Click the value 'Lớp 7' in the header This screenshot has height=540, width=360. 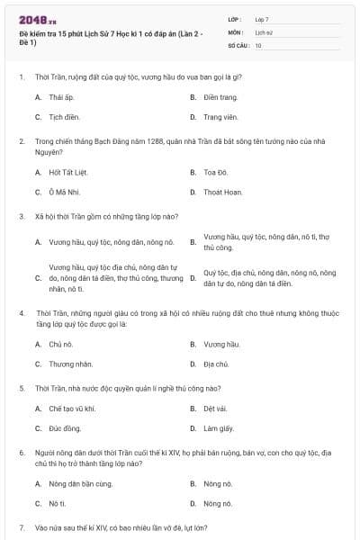pyautogui.click(x=262, y=19)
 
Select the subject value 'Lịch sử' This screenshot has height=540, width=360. pyautogui.click(x=263, y=31)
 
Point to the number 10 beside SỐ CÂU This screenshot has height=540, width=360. pyautogui.click(x=258, y=44)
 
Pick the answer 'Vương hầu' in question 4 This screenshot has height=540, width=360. pyautogui.click(x=221, y=344)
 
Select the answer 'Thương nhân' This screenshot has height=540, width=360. pyautogui.click(x=67, y=364)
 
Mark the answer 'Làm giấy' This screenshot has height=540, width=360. pyautogui.click(x=218, y=428)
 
